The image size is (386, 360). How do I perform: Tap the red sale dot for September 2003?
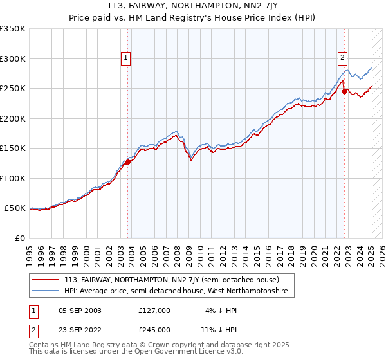click(x=127, y=162)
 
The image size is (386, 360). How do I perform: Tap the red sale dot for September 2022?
click(x=344, y=91)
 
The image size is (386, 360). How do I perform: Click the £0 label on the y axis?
click(x=19, y=238)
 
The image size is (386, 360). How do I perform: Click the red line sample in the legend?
click(x=46, y=280)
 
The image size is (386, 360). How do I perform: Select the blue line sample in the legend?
click(x=46, y=291)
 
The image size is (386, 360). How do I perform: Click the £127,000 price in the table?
click(x=154, y=310)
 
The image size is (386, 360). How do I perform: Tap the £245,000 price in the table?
click(x=154, y=330)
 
